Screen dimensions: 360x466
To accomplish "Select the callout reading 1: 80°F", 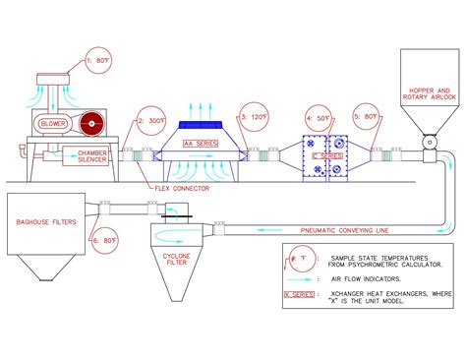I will click(x=103, y=60).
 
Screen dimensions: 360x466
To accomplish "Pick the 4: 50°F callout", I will click(x=317, y=118).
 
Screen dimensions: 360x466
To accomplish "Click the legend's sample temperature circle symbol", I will click(x=300, y=258).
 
